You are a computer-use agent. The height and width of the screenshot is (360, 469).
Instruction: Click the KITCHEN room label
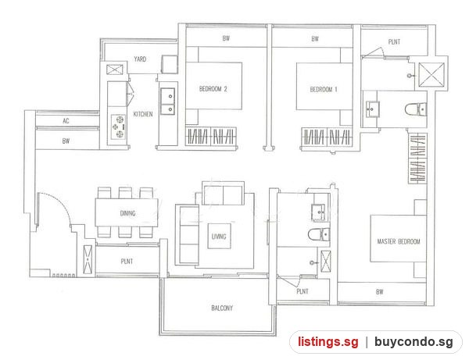(x=143, y=114)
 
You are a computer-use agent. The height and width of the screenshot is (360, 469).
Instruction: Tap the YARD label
(x=140, y=59)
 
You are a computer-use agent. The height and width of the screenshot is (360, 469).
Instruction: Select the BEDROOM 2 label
(x=213, y=89)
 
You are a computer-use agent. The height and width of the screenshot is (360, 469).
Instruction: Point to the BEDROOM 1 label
(x=324, y=89)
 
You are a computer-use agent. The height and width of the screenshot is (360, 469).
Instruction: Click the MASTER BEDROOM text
(x=399, y=241)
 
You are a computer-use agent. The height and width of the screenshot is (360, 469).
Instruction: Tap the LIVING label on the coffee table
(x=219, y=237)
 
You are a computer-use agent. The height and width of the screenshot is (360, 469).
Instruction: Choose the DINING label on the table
(x=127, y=213)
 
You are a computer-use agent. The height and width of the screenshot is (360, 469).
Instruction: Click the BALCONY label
(x=222, y=308)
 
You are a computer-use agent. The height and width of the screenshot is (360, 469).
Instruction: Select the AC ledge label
(x=66, y=121)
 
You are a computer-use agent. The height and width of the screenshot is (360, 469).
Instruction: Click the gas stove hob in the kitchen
(x=119, y=127)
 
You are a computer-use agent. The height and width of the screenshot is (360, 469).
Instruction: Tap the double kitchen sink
(x=168, y=101)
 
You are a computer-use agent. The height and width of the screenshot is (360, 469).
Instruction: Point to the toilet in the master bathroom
(x=416, y=109)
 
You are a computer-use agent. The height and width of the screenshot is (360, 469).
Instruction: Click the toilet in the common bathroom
(x=319, y=234)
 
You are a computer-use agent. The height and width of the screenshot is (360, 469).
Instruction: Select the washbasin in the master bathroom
(x=373, y=109)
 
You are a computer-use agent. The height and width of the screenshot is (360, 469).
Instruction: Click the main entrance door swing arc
(x=59, y=202)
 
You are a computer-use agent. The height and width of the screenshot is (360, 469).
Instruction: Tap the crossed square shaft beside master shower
(x=431, y=74)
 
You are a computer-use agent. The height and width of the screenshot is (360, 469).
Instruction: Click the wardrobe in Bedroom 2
(x=211, y=137)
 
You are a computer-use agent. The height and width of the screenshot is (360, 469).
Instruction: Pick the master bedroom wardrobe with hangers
(x=417, y=159)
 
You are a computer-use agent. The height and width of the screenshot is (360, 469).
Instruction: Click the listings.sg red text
(x=328, y=341)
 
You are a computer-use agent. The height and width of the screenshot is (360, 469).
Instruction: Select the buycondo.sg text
(x=414, y=341)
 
